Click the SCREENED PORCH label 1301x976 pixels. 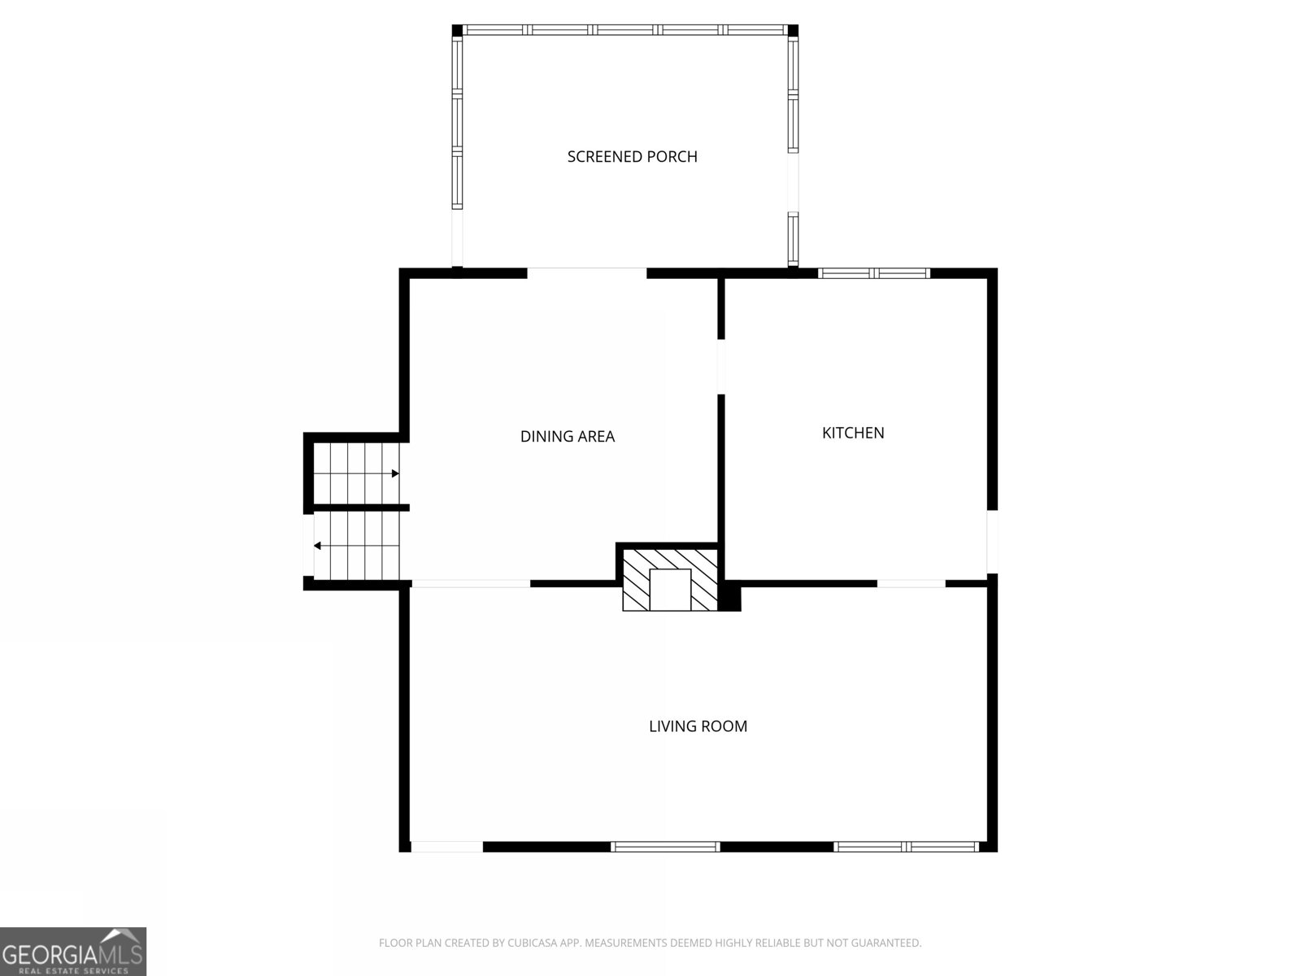(x=632, y=156)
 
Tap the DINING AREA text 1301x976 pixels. (x=567, y=436)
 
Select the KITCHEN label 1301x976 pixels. (x=853, y=433)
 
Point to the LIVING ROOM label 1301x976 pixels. (x=698, y=726)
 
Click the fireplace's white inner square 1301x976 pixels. (x=670, y=590)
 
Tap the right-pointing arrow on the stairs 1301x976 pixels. (x=395, y=473)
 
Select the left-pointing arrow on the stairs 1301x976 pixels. (x=317, y=546)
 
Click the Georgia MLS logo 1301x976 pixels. (x=72, y=952)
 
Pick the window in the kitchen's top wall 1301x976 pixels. (x=874, y=273)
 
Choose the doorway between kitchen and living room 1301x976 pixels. (x=911, y=583)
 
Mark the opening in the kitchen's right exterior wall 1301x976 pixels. (x=992, y=541)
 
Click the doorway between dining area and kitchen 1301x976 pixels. (x=721, y=366)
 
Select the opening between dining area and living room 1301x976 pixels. (x=471, y=583)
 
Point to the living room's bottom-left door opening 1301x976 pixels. (x=446, y=847)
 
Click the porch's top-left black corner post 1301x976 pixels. (x=458, y=30)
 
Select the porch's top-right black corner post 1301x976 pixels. (x=793, y=30)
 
